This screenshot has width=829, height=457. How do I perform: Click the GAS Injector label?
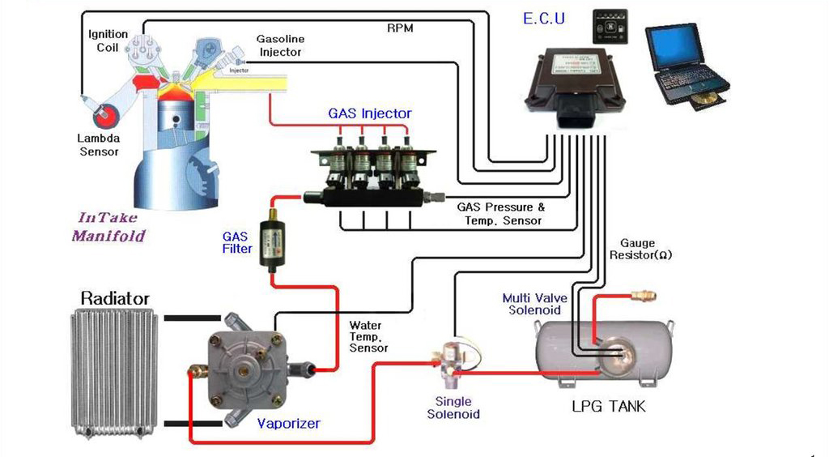(369, 113)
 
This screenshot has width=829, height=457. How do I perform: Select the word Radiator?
(114, 299)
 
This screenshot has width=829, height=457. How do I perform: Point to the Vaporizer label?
(288, 423)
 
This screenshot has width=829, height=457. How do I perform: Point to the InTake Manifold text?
(108, 227)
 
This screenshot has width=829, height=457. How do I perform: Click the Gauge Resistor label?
(645, 249)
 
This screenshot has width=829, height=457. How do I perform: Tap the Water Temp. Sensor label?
(368, 336)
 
